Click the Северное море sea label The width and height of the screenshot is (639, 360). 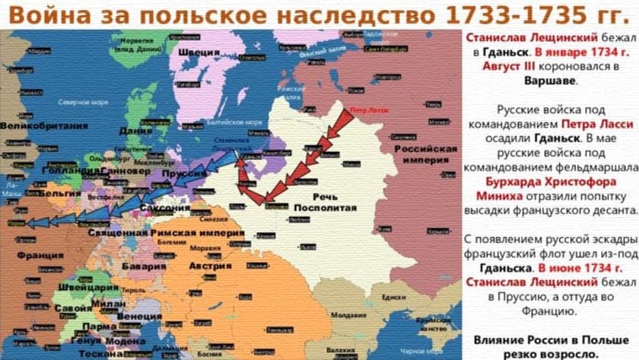pyautogui.click(x=79, y=101)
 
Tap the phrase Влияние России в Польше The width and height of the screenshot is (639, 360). pyautogui.click(x=551, y=341)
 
